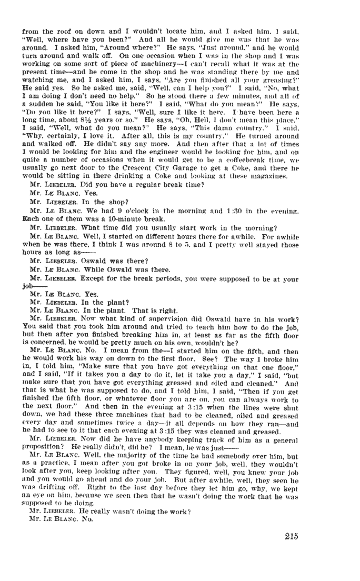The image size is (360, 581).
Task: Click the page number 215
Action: coord(290,536)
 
